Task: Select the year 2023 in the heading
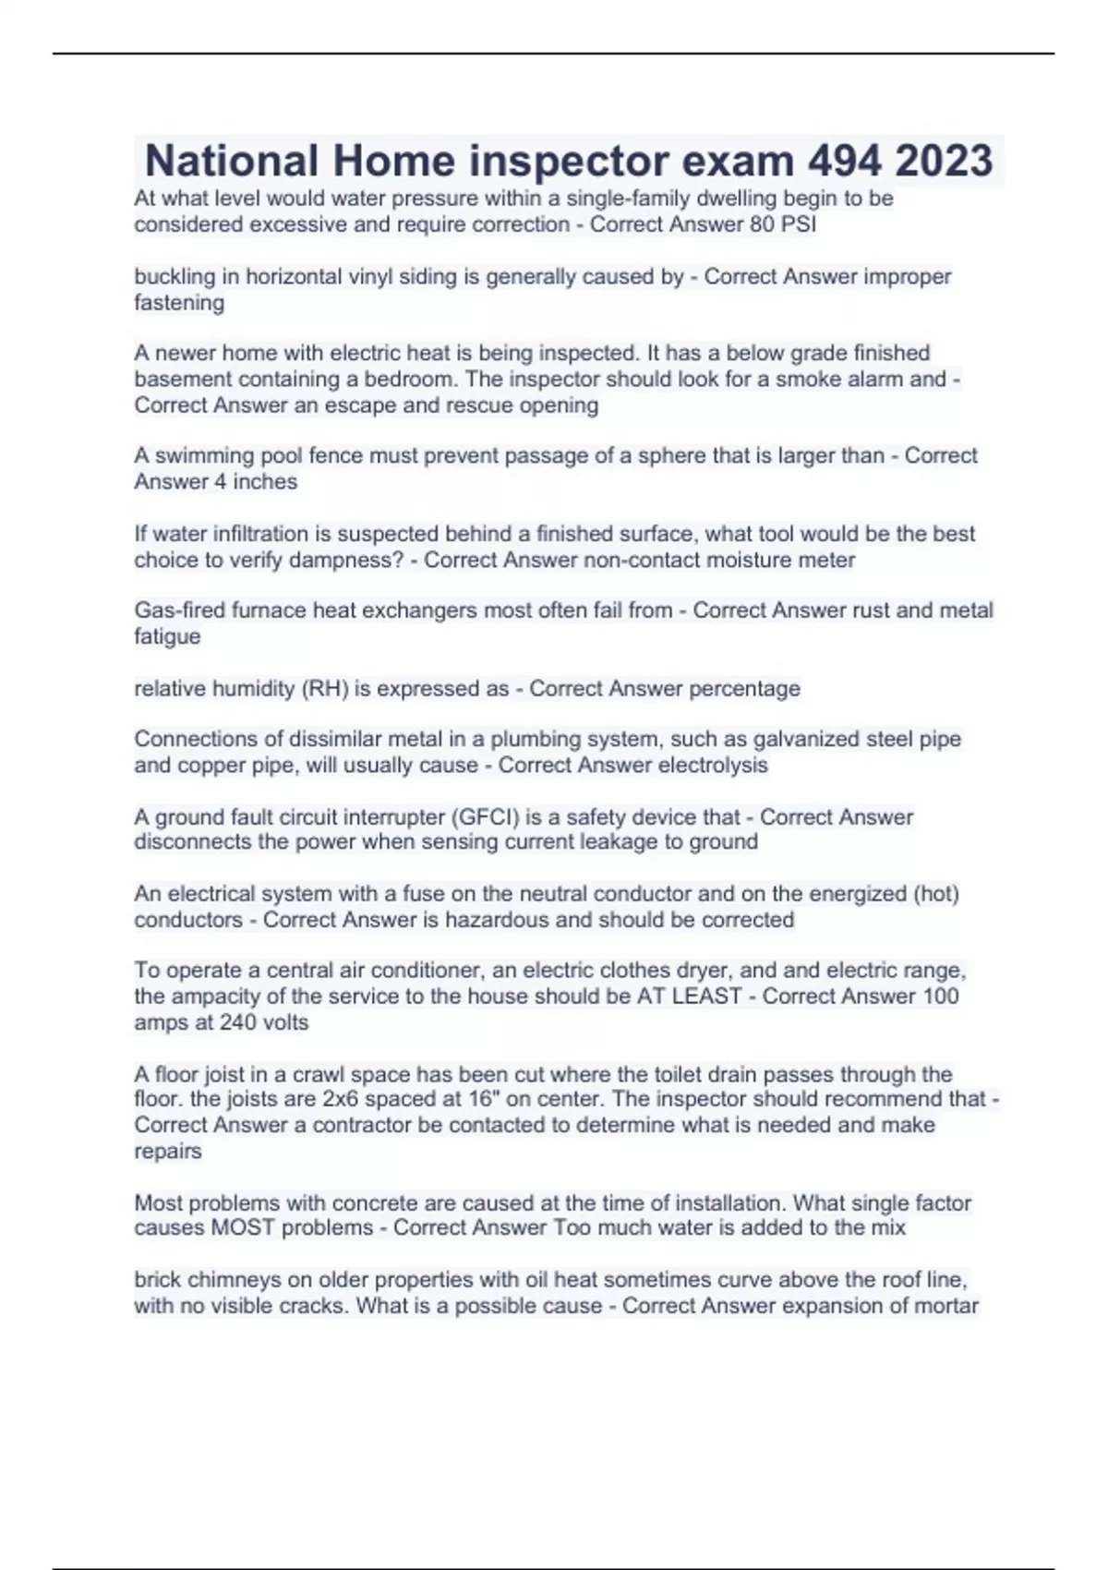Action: point(944,161)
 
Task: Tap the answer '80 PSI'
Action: point(783,224)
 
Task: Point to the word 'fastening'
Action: point(179,303)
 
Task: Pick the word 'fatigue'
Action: point(167,637)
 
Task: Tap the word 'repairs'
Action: point(167,1152)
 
